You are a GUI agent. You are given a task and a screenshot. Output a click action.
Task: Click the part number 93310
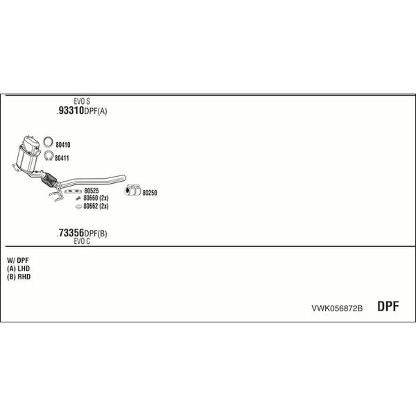tap(71, 110)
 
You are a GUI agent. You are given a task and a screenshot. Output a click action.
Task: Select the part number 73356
tap(71, 233)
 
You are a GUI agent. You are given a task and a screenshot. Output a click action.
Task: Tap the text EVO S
tap(82, 101)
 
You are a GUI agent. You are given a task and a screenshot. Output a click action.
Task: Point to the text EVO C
tap(82, 241)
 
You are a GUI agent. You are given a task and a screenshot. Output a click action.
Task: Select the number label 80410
tap(63, 145)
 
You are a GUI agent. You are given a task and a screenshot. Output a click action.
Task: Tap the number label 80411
tap(62, 158)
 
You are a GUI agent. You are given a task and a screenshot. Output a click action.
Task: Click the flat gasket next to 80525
tap(73, 191)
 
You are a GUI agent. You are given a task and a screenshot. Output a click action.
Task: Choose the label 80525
tap(92, 191)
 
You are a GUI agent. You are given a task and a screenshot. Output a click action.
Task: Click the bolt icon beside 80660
tap(78, 198)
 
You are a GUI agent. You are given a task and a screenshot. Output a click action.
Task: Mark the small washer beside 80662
tap(78, 207)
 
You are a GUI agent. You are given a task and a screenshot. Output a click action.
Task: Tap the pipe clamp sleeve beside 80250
tap(132, 190)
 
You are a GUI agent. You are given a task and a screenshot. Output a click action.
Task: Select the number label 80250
tap(150, 193)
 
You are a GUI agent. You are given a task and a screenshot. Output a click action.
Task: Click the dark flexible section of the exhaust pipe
tap(49, 180)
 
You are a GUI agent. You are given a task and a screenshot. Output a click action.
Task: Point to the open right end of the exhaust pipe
tap(124, 178)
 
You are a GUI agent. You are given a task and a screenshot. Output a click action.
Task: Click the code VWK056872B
tap(337, 309)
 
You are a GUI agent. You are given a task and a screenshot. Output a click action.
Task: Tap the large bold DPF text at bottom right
tap(388, 306)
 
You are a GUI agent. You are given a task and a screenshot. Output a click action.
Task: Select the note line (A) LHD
tap(18, 268)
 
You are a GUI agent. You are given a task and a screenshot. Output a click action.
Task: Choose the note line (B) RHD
tap(19, 277)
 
